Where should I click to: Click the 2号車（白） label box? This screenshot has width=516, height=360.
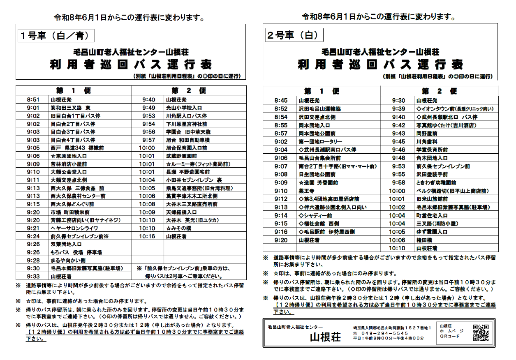[x=292, y=35]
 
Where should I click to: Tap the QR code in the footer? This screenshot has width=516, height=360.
[x=481, y=332]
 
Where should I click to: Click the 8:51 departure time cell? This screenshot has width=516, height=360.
[x=33, y=99]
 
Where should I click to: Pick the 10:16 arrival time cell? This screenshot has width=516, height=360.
[x=147, y=236]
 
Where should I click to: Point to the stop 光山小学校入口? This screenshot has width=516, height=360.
[x=181, y=108]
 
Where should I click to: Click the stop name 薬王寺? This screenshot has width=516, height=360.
[x=307, y=191]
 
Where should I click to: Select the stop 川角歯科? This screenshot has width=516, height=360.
[x=427, y=141]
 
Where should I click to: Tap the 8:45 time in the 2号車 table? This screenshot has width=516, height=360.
[x=281, y=100]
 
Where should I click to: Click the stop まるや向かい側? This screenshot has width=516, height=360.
[x=68, y=260]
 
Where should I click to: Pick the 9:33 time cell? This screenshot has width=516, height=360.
[x=33, y=276]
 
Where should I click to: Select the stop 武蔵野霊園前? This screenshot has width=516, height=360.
[x=181, y=156]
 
